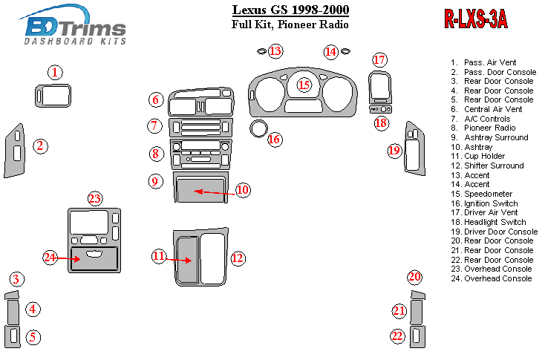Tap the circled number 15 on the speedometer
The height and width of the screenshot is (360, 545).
[x=304, y=85]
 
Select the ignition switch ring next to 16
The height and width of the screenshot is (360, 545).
[x=258, y=128]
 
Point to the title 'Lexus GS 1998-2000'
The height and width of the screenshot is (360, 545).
[x=290, y=10]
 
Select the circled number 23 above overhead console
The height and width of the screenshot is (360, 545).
[x=94, y=198]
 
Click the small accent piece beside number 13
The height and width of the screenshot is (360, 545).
[x=261, y=51]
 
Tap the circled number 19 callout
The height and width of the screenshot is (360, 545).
[x=394, y=151]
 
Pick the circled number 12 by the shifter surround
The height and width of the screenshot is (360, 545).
[x=237, y=258]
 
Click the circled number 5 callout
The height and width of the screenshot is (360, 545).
[x=33, y=336]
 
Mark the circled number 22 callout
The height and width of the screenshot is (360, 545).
[x=398, y=336]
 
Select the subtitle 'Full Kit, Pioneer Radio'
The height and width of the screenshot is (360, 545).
[x=290, y=24]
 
